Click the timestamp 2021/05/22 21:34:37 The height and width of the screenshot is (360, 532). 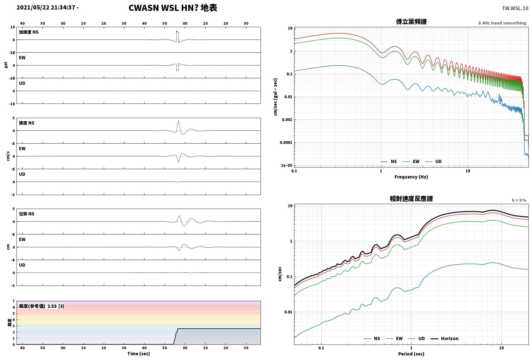point(46,7)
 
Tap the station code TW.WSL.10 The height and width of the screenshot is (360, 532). point(515,8)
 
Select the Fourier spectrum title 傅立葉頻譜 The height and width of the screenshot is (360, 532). point(411,22)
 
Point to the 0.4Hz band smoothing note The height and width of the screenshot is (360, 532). point(502,23)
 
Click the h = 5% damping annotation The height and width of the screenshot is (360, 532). point(519,200)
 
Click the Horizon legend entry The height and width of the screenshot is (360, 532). point(445,338)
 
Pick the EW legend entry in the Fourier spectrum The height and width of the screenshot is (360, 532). point(411,161)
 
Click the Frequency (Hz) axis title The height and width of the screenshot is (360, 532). point(411,177)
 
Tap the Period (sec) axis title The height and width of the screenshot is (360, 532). point(411,354)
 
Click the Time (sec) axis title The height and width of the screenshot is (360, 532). point(138,354)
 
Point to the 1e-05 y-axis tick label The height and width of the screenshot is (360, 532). point(286,165)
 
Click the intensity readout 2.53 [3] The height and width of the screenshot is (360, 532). point(56,306)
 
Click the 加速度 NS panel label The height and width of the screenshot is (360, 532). point(29,32)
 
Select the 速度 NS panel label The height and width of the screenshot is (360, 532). point(27,123)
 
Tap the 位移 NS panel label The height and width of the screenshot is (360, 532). point(27,214)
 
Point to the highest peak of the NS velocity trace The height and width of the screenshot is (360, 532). point(178,121)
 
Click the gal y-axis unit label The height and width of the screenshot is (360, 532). point(6,65)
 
